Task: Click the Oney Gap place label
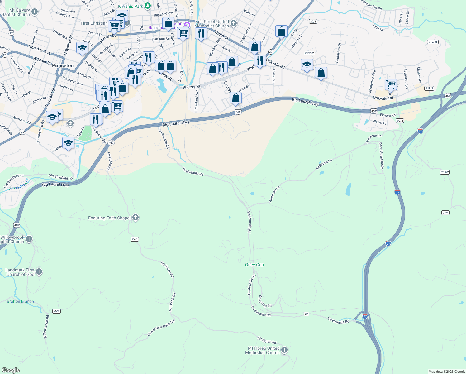click(x=254, y=265)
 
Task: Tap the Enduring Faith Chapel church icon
click(x=136, y=218)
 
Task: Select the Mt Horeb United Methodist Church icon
click(x=284, y=350)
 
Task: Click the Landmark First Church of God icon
click(x=39, y=272)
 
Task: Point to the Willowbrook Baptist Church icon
click(x=29, y=239)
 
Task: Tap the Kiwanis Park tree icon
click(x=148, y=6)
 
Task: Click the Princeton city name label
click(x=63, y=65)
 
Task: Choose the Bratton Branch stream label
click(x=20, y=301)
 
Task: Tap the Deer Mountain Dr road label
click(x=381, y=156)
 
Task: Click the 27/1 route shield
click(x=135, y=239)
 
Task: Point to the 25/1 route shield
click(x=56, y=311)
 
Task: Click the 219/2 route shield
click(x=445, y=172)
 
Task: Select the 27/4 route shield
click(x=445, y=213)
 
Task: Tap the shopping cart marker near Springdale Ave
click(x=390, y=84)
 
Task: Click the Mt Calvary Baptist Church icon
click(x=35, y=12)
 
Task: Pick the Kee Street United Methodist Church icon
click(x=234, y=23)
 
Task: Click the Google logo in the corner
click(x=11, y=370)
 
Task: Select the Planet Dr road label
click(x=379, y=122)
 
